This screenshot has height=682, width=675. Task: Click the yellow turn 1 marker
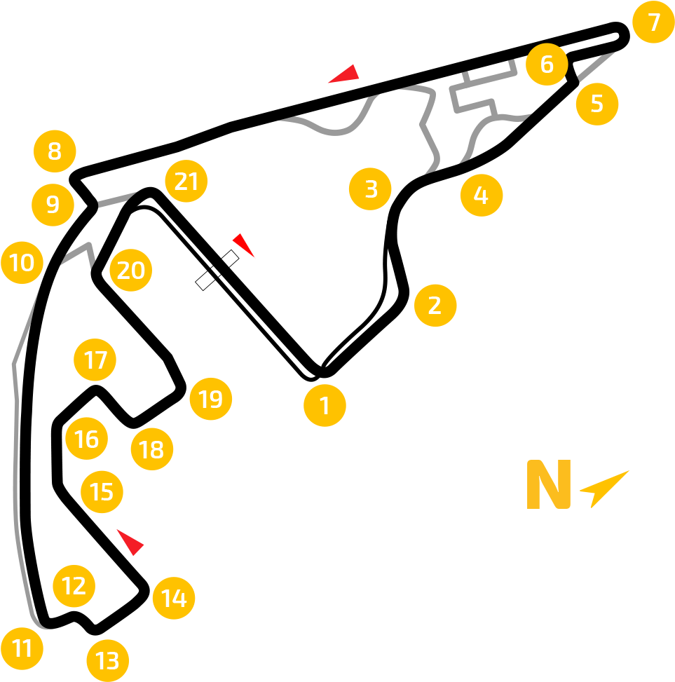325,405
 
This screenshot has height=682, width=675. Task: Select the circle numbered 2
435,306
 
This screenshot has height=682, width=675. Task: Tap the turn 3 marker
370,189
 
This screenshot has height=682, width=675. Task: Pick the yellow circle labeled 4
482,195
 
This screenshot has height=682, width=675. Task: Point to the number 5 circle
597,104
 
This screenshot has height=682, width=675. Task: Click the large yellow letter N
549,484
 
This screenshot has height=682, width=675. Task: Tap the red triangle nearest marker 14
131,542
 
